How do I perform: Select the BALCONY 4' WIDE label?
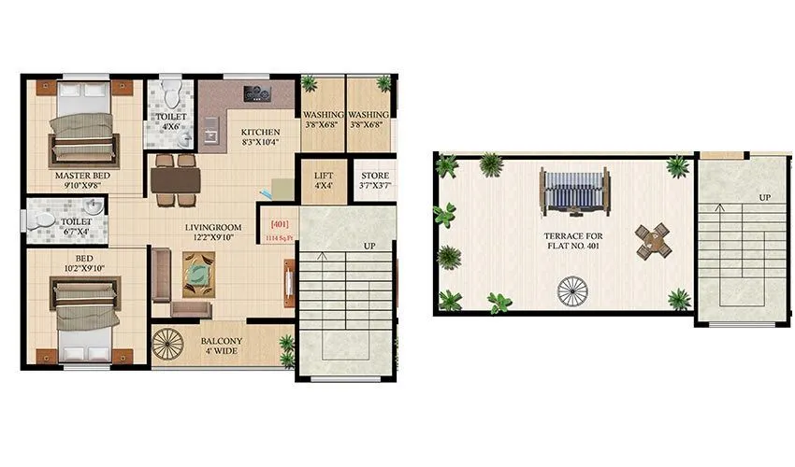click(x=222, y=347)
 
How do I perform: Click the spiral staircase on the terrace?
click(x=571, y=292)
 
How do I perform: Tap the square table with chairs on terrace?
click(x=653, y=242)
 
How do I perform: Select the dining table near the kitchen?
click(x=176, y=178)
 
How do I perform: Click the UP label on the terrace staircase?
click(x=764, y=198)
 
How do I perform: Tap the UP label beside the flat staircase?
click(x=369, y=246)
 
